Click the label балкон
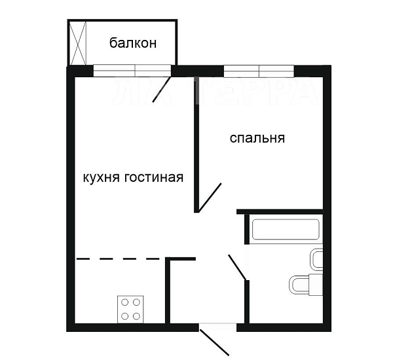133,44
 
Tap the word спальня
257,138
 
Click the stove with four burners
131,309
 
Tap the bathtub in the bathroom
286,230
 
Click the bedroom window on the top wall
259,71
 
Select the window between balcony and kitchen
134,71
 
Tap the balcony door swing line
162,90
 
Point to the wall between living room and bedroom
195,144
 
